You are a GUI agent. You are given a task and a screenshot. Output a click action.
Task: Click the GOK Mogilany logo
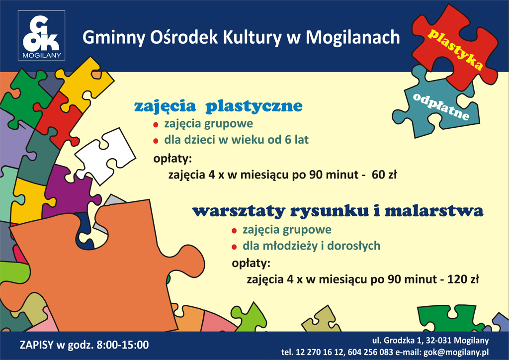42,35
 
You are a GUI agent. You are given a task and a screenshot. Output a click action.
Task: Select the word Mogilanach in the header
353,37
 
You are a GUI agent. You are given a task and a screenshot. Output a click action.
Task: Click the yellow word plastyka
455,49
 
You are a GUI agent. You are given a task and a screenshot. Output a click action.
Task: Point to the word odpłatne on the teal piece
441,106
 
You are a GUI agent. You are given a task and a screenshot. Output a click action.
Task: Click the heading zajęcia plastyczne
218,106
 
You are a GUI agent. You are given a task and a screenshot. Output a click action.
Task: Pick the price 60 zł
384,175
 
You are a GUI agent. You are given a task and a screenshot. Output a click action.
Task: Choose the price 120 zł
463,279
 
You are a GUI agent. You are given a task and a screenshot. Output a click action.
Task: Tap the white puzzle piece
105,156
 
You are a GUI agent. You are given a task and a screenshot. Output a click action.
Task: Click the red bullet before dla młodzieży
234,247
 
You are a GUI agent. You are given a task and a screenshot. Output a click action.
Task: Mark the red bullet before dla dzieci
156,141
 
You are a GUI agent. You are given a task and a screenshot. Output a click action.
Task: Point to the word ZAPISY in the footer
36,345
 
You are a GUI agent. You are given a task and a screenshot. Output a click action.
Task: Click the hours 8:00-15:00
123,345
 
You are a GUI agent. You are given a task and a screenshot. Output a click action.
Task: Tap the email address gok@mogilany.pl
456,352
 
